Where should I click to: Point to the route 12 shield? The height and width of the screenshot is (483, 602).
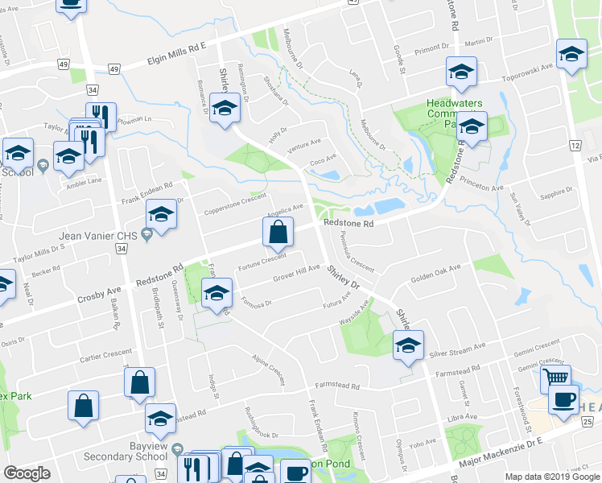(575, 145)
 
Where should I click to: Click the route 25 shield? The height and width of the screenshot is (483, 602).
(588, 422)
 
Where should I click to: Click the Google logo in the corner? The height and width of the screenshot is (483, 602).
(27, 473)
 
